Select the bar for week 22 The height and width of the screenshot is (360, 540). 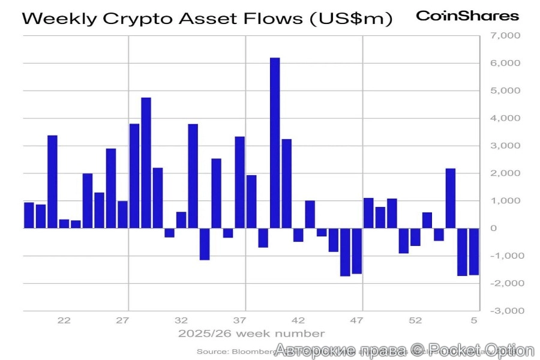point(64,224)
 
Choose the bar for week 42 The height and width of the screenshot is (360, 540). point(298,235)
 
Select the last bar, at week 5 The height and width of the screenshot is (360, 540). point(474,251)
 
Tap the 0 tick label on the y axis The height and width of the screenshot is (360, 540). point(494,229)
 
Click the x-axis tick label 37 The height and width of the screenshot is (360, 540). point(240,320)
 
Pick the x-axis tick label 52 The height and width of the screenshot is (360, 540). point(415,320)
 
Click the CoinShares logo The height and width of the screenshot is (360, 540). point(467,16)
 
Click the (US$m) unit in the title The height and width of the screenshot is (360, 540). point(350,19)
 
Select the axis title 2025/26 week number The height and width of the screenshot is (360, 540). point(251,334)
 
